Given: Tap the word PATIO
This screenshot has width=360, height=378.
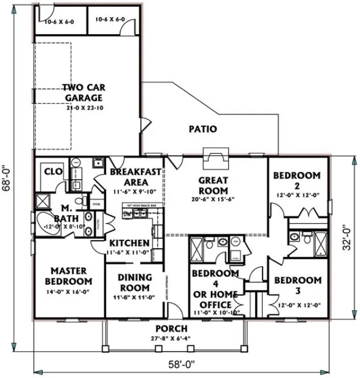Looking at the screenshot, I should [x=203, y=129].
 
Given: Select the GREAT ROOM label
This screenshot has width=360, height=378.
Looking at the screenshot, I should [x=213, y=185].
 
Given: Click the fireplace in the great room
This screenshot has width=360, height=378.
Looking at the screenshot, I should [x=215, y=158].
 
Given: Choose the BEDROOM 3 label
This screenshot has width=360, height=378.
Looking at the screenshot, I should [x=296, y=285].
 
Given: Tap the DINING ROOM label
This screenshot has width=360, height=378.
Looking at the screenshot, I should [x=134, y=282].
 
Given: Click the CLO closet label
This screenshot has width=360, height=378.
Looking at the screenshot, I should [x=53, y=171].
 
